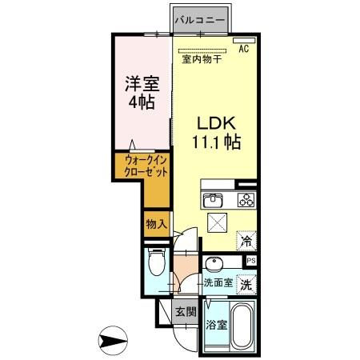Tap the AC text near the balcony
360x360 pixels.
coord(244,49)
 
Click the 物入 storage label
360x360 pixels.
coord(156,225)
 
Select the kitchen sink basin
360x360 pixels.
coord(213,200)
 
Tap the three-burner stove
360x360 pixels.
coord(244,200)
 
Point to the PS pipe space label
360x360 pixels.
coord(251,261)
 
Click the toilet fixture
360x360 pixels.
coord(156,263)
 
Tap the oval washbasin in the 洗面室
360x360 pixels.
coord(214,265)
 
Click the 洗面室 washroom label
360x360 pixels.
coord(217,283)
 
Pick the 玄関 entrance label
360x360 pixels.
coord(186,312)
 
